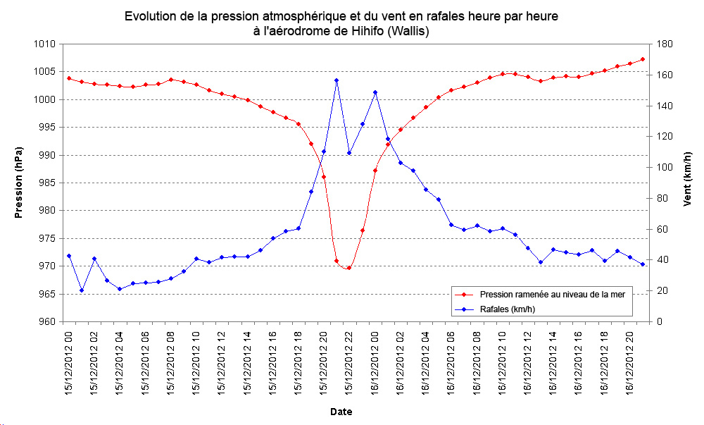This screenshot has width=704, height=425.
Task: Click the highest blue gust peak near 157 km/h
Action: pos(337,80)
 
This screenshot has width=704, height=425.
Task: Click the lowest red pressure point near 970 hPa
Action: pos(349,268)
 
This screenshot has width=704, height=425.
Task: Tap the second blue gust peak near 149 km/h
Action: pos(375,92)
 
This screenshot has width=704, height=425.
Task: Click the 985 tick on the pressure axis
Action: pos(45,183)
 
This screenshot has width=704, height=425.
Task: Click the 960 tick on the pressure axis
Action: pos(45,322)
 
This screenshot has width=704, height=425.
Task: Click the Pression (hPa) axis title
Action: pos(19,183)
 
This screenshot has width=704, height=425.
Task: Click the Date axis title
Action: pos(341,412)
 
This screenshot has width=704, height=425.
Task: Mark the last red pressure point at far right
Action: pos(643,59)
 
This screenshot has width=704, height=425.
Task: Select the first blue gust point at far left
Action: pos(69,256)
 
